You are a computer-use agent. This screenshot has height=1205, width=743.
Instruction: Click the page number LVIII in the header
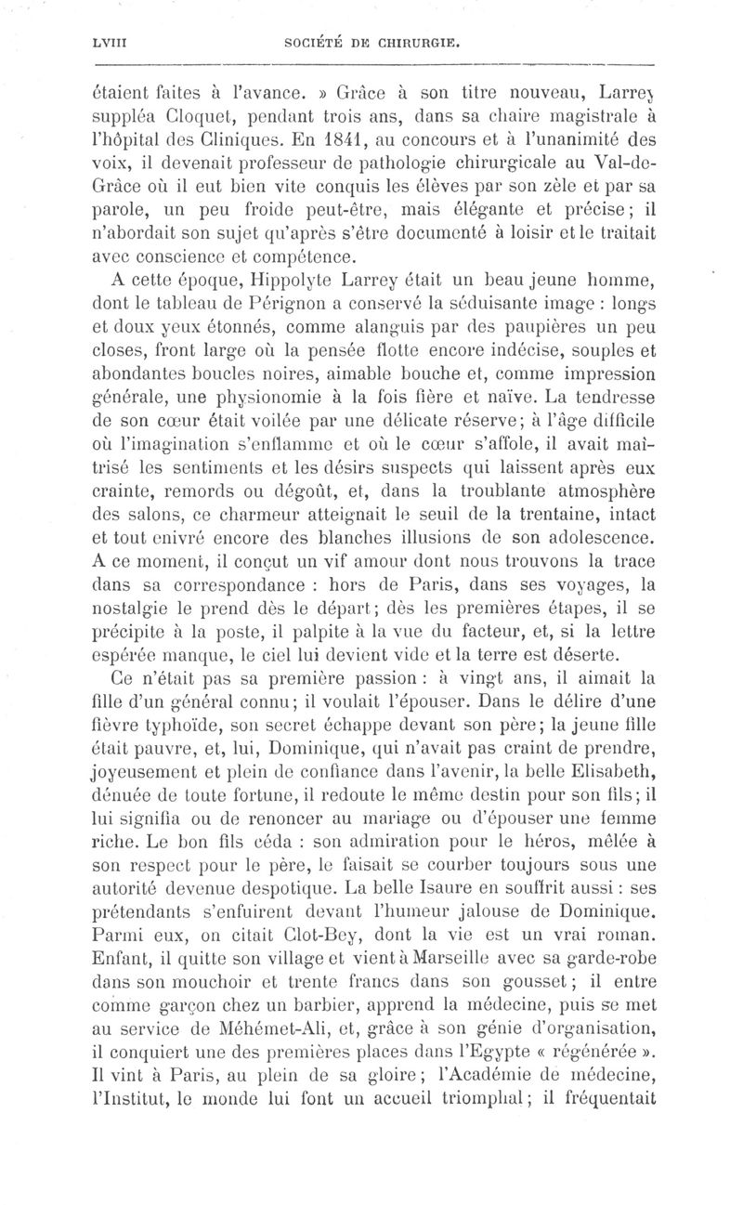click(x=97, y=43)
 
